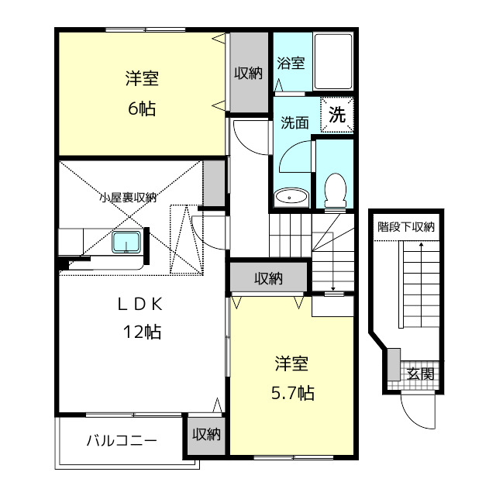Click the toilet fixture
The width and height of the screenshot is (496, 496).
[x=336, y=191]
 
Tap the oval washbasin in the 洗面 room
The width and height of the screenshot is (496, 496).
[x=291, y=198]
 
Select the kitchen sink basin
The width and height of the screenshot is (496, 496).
[x=126, y=243]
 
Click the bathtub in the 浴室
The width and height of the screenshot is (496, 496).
[x=333, y=62]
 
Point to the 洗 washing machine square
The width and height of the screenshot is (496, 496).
[x=337, y=115]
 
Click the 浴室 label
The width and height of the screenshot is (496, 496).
[x=291, y=63]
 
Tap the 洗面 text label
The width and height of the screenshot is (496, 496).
[x=294, y=122]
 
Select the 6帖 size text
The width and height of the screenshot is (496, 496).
[x=142, y=108]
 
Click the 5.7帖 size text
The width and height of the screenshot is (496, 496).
[x=293, y=393]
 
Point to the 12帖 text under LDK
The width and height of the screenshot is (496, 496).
[x=142, y=332]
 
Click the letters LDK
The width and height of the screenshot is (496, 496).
[x=140, y=305]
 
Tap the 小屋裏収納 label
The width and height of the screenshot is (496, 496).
[x=128, y=198]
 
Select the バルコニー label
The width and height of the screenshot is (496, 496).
[x=122, y=440]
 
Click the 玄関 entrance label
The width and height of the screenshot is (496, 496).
[x=420, y=374]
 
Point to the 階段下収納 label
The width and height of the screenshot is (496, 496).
[x=406, y=226]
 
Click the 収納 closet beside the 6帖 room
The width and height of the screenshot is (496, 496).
[x=249, y=72]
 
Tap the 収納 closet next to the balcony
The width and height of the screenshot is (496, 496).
[x=207, y=436]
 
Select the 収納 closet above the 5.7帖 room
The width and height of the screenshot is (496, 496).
[x=268, y=278]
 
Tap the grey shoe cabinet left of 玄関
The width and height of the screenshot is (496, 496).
[x=394, y=364]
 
